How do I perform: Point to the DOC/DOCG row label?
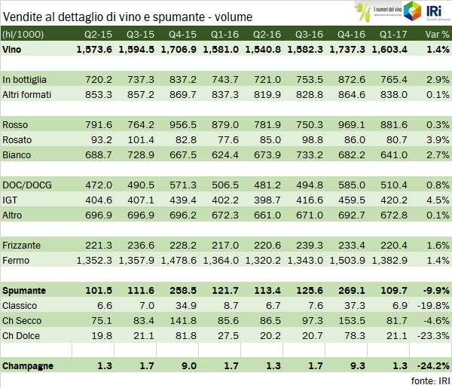[26, 185]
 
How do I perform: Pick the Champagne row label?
[28, 365]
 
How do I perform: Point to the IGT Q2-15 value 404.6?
[96, 200]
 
